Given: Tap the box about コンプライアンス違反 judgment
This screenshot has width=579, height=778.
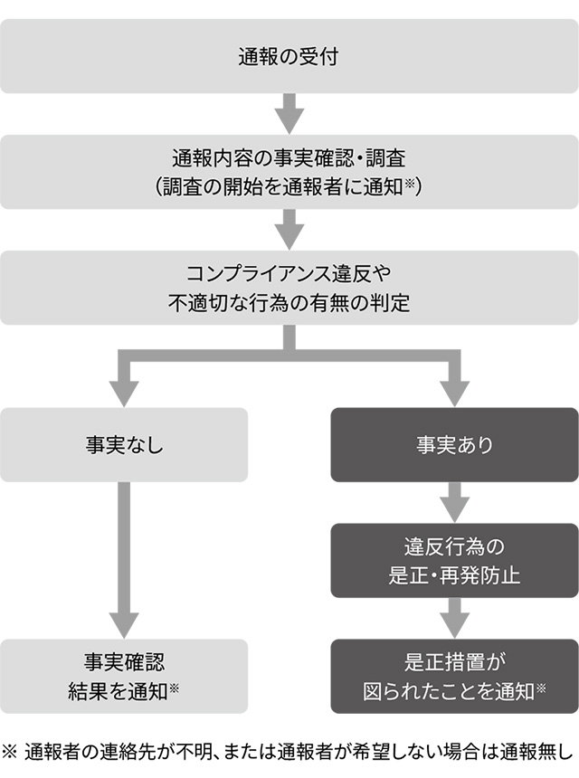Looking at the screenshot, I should tap(289, 288).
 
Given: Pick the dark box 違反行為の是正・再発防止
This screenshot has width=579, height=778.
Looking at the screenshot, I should tap(454, 560).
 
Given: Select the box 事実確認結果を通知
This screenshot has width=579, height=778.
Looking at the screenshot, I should tap(124, 677).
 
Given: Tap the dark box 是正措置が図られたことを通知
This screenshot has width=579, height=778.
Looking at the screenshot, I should tap(454, 677).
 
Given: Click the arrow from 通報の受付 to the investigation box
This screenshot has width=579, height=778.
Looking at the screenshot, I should tap(289, 113).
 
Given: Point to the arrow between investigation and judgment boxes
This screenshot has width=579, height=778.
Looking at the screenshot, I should tap(289, 230).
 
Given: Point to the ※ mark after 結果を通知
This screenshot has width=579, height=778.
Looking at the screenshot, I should tap(175, 690).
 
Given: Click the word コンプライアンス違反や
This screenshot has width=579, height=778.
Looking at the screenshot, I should tap(289, 273).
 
